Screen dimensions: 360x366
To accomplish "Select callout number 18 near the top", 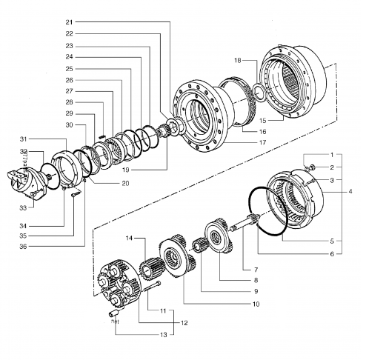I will point(238,59).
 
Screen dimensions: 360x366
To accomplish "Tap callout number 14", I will point(130,239).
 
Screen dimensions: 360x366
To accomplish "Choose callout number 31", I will point(24,139).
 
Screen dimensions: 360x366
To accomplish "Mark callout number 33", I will point(24,207).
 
